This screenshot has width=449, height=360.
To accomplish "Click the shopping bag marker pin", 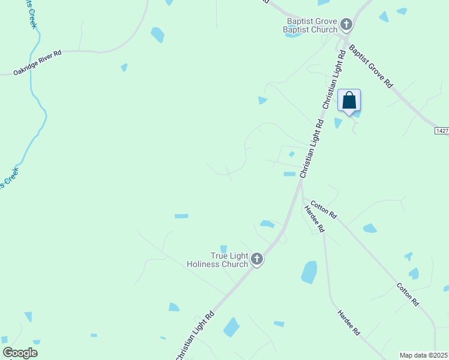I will pos(349,101).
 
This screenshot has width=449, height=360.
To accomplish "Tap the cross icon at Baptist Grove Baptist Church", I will pos(346,25).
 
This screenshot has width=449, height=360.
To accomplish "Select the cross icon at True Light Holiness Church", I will pos(256,259).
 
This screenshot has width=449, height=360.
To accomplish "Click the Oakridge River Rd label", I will pos(38,63).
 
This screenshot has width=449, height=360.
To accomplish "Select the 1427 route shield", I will pos(442,130).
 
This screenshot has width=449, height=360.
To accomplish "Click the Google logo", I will pos(20,353).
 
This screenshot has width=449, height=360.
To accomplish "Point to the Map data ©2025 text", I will pos(424,355).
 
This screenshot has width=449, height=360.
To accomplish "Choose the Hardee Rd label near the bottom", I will pos(348,322).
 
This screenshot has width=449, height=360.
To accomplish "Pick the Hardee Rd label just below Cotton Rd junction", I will pos(315,219).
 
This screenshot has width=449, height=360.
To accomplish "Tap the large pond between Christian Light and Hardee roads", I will pos(309,272).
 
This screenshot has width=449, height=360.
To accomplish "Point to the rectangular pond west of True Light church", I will pos(181,216).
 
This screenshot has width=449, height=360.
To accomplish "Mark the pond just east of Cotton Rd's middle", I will pos(370,228).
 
